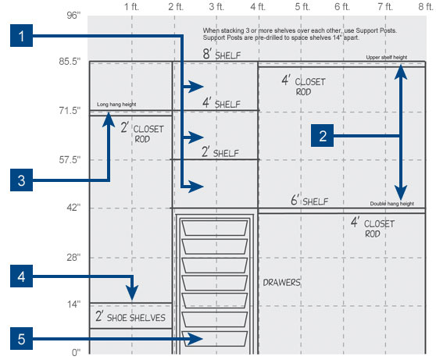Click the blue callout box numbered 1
[21, 36]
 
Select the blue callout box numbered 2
[322, 136]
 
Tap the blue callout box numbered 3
[21, 180]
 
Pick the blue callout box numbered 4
[21, 276]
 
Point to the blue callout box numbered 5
[21, 339]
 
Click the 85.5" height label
[70, 62]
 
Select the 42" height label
[73, 208]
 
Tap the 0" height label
[76, 352]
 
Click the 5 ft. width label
[302, 7]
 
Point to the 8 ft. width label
[426, 7]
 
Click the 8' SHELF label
[222, 54]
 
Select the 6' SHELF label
[309, 200]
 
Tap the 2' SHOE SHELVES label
[130, 316]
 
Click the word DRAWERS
[281, 283]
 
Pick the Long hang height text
[116, 104]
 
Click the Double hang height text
[391, 204]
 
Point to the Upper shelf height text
[387, 57]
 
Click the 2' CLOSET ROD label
[142, 134]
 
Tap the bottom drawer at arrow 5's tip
[214, 339]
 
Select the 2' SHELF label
[220, 152]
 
